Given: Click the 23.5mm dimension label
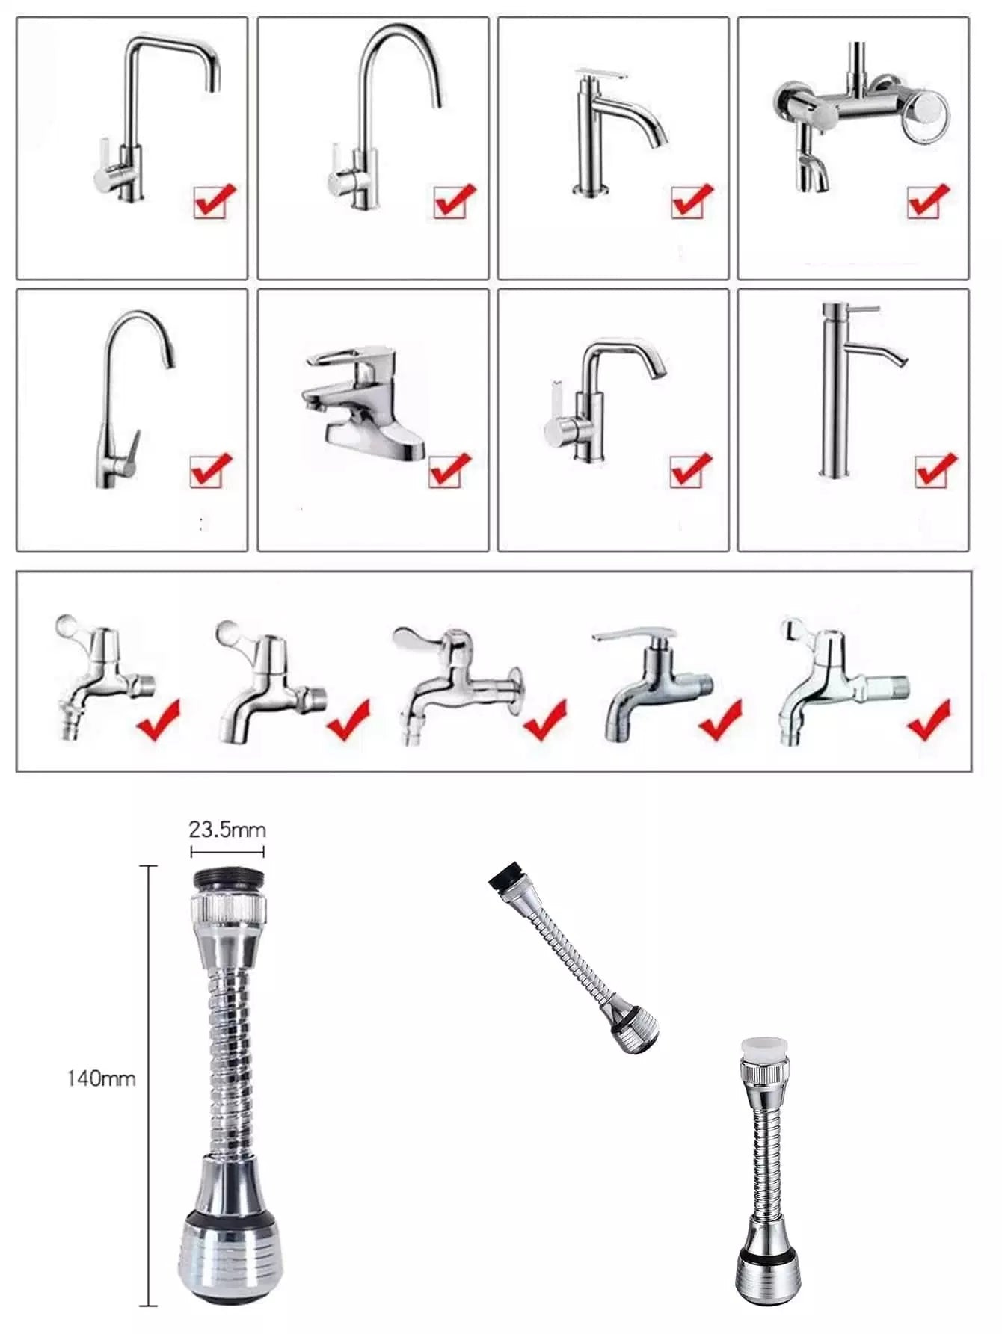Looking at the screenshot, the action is (x=227, y=830).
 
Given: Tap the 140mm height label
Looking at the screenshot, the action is (x=102, y=1078).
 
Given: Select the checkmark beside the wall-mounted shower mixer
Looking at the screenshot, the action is (x=929, y=201).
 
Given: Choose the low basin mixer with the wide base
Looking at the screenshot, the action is (x=365, y=404).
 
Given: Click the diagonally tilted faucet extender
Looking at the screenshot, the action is (x=574, y=957).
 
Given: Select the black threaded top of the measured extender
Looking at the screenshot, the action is (x=228, y=880).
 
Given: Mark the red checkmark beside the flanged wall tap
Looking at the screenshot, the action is (x=545, y=719).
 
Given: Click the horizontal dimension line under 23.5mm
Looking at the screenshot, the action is (x=228, y=850).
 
